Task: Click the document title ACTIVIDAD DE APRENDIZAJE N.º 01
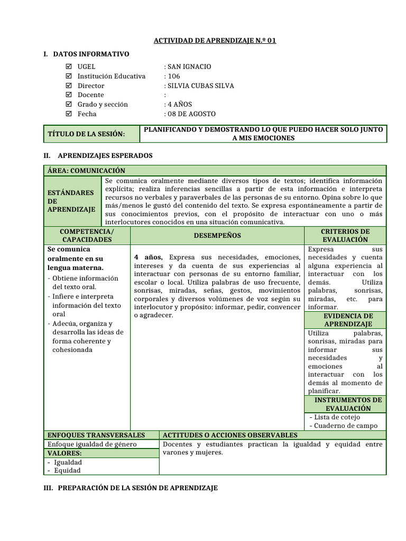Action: click(215, 41)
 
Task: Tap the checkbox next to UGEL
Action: click(68, 67)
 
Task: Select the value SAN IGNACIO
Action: click(189, 67)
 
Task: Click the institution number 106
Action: click(174, 76)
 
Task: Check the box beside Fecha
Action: click(68, 114)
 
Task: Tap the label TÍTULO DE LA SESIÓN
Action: click(87, 134)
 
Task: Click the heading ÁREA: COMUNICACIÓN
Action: click(86, 171)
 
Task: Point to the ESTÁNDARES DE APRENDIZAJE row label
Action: click(71, 201)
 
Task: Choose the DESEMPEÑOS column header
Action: click(217, 236)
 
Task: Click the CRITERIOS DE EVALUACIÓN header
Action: click(345, 236)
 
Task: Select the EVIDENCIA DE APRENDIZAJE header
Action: click(345, 320)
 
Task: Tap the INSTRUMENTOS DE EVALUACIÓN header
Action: click(345, 404)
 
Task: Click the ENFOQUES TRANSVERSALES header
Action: click(96, 435)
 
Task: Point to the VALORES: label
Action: click(64, 453)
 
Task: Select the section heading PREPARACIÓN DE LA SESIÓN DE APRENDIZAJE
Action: click(131, 489)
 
